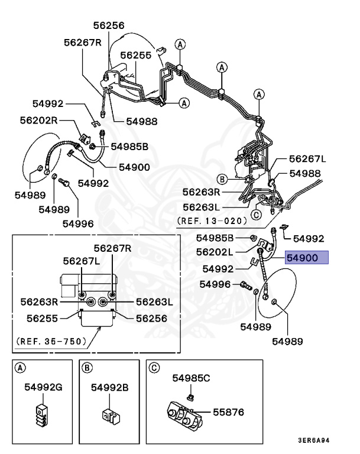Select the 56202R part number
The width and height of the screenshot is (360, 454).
coord(38,120)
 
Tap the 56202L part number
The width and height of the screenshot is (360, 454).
coord(215,252)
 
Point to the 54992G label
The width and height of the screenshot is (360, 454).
coord(43,387)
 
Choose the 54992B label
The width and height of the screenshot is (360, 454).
coord(109,387)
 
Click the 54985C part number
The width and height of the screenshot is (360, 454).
coord(191,378)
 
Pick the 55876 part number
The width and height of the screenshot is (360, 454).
coord(229,412)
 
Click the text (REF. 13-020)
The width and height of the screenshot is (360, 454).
coord(212,221)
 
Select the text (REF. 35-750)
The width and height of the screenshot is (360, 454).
coord(51,341)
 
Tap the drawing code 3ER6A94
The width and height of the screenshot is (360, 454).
coord(314,440)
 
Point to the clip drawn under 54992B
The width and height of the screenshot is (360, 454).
coord(111,416)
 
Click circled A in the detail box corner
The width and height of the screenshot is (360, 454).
coord(20,368)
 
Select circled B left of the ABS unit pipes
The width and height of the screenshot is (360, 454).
coord(222,180)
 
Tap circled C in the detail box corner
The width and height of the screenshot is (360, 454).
coord(154,368)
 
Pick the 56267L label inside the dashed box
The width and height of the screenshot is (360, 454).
coord(82,261)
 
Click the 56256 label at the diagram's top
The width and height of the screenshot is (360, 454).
coord(109,25)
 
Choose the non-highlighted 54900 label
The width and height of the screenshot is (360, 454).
coord(134,167)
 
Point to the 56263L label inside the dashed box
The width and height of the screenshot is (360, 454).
coord(154,302)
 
